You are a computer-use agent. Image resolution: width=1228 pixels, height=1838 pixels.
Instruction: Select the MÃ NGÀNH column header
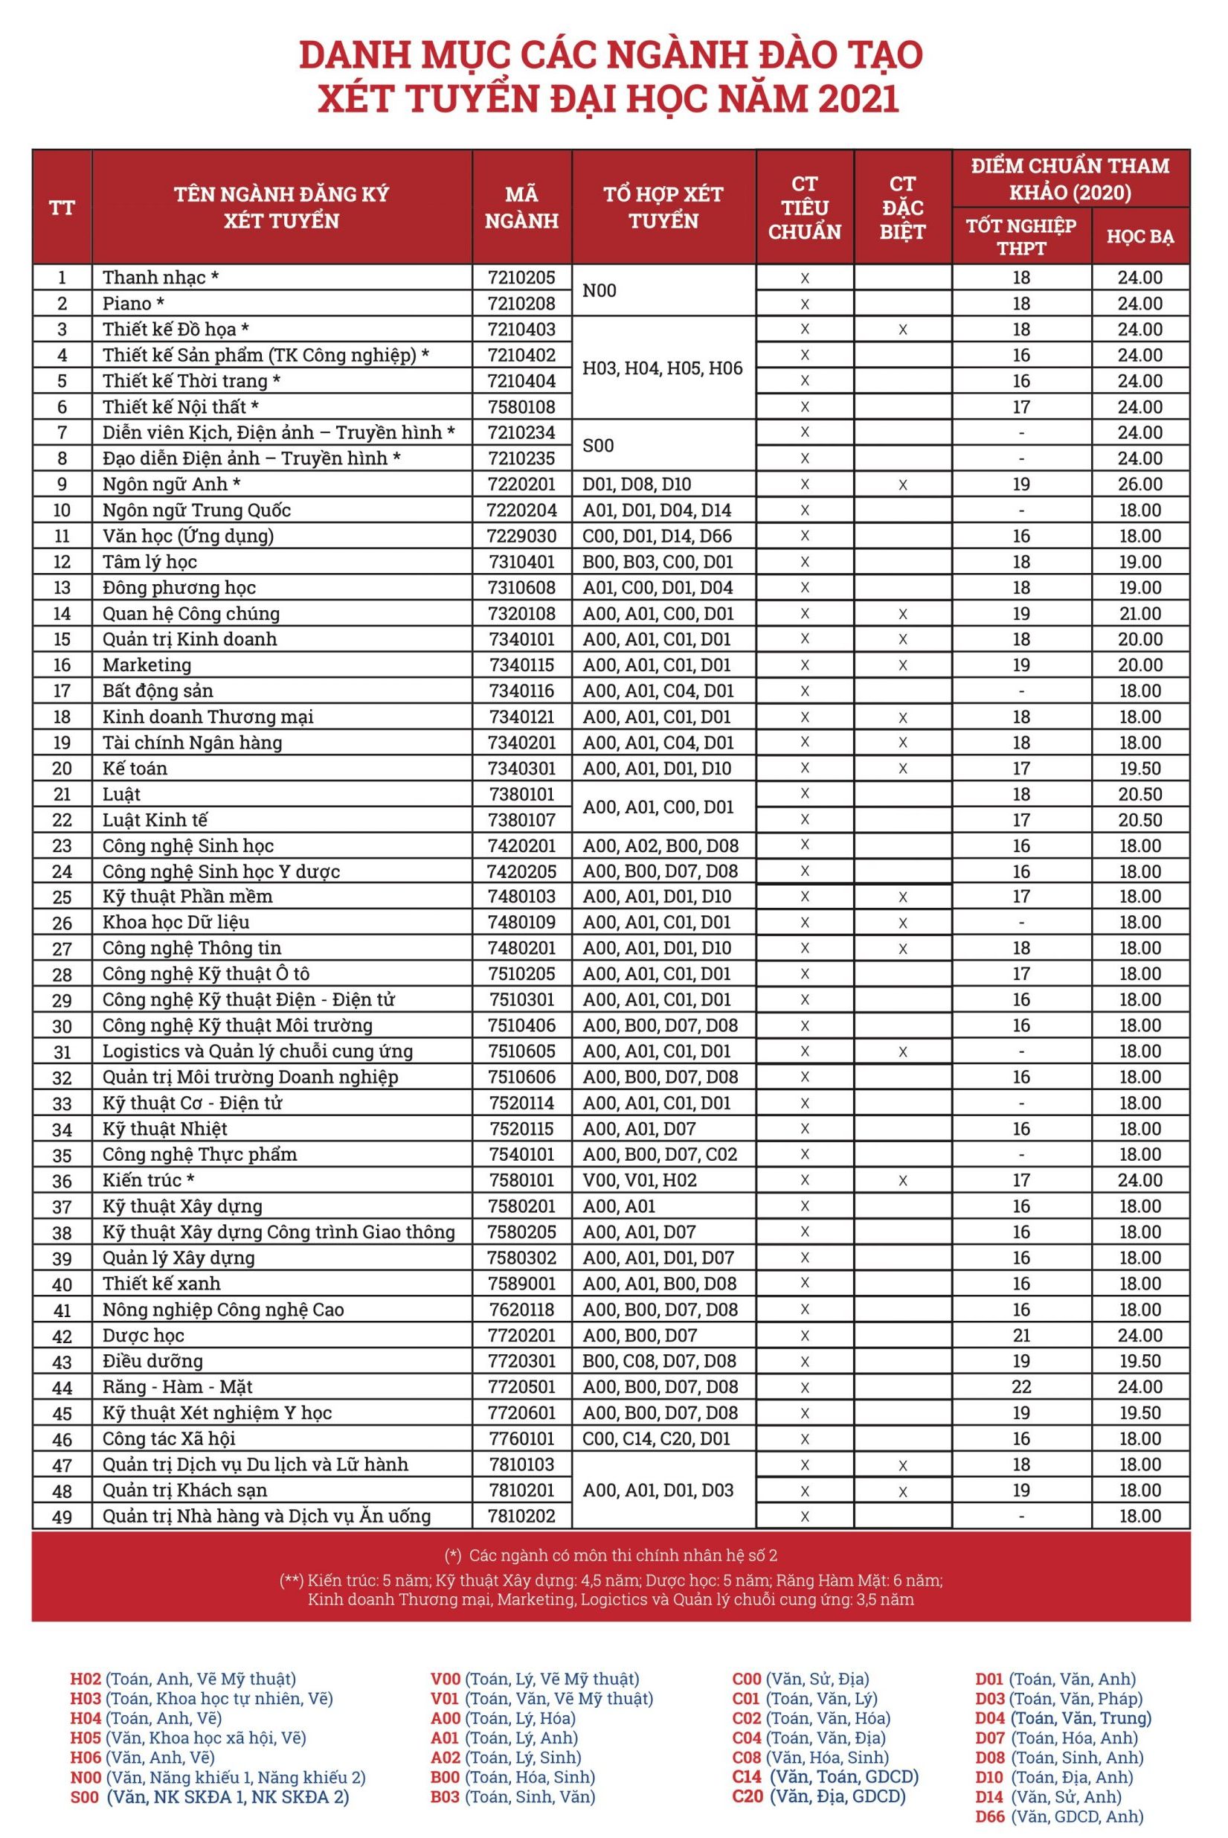coord(521,207)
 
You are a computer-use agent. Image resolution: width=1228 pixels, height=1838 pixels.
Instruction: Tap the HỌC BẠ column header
coord(1139,236)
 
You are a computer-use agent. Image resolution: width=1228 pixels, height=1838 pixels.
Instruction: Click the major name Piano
coord(133,303)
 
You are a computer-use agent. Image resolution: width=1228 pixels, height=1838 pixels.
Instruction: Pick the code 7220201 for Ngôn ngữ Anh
coord(521,484)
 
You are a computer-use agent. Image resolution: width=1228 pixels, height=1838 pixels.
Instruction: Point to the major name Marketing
coord(147,665)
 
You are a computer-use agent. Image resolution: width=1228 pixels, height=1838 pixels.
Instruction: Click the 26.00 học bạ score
coord(1139,484)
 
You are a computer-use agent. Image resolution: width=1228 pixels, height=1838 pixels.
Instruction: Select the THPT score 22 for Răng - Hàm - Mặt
coord(1021,1387)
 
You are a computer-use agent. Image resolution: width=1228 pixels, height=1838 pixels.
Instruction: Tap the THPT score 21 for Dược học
coord(1021,1335)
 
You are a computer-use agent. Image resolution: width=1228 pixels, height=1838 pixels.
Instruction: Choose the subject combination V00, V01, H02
coord(639,1180)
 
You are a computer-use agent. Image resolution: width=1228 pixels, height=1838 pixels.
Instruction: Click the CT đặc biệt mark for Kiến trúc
coord(902,1181)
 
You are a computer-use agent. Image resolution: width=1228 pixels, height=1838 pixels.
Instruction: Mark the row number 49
coord(62,1516)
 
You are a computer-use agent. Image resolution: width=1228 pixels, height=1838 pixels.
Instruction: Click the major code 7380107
coord(521,819)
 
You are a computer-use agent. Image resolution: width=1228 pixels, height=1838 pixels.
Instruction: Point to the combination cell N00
coord(600,291)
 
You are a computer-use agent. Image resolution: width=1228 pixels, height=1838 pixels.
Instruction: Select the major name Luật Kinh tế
coord(155,819)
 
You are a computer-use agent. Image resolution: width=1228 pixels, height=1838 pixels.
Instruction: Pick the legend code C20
coord(747,1796)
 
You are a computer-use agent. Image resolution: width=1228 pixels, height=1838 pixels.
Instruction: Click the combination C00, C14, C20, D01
coord(656,1438)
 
